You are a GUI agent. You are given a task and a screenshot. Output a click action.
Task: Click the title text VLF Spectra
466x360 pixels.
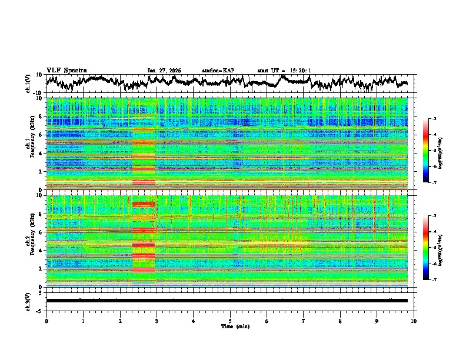66,70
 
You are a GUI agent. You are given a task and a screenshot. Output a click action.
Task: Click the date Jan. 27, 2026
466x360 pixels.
164,70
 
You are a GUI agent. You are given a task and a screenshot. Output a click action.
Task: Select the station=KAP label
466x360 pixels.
218,70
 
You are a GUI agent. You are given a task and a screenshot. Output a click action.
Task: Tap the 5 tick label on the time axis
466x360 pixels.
230,321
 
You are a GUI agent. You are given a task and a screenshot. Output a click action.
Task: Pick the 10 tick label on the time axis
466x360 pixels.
414,321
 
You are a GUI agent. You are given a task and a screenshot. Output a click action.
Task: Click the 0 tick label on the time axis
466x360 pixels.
46,321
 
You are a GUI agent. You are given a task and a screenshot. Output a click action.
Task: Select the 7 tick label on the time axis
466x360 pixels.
304,321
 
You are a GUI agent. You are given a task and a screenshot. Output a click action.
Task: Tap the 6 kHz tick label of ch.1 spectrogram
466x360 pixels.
41,135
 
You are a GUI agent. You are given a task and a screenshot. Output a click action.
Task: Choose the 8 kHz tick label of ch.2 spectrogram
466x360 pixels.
41,214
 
